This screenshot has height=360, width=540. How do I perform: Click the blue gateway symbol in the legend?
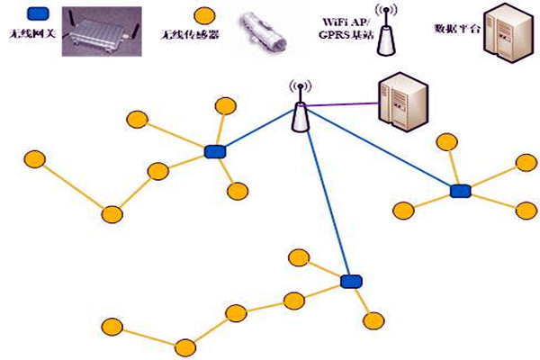click(38, 14)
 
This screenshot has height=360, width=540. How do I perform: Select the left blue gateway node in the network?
click(214, 152)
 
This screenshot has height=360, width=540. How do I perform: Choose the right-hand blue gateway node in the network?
click(461, 190)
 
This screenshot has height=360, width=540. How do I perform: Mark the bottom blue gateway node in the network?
click(351, 282)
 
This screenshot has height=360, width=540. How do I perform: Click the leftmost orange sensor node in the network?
click(34, 159)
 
